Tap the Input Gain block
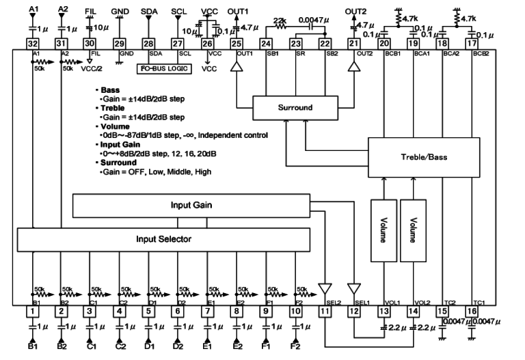coord(191,205)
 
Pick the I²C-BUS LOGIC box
coord(163,68)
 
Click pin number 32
coord(32,43)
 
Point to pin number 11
coord(325,311)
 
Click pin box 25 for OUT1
coord(237,43)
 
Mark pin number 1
coord(31,311)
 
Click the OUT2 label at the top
coord(355,12)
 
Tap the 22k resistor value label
coord(280,21)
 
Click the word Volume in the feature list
coord(113,126)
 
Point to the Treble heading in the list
coord(112,108)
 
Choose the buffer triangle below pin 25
coord(237,68)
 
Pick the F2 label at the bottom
coord(296,347)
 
